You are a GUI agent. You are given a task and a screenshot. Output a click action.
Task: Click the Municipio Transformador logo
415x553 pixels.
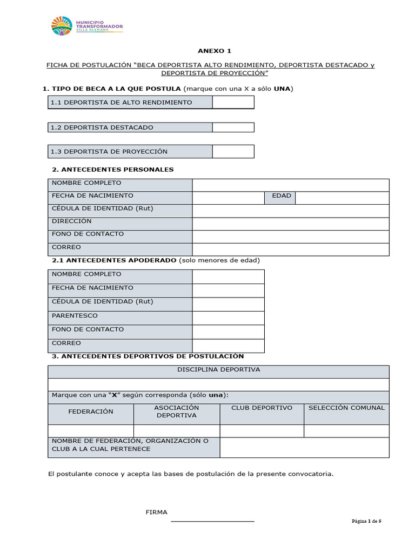(87, 26)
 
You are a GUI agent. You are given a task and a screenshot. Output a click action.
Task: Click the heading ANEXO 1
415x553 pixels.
(214, 51)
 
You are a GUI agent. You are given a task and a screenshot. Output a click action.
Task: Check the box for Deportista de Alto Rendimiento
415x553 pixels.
(233, 102)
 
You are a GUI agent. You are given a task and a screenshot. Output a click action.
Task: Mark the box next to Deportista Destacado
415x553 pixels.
(233, 127)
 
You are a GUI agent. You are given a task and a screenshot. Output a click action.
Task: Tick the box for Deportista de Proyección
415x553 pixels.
(233, 152)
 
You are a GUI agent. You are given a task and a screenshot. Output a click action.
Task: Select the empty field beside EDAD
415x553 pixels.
(342, 198)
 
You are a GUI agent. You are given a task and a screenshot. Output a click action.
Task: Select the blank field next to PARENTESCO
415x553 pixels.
(229, 318)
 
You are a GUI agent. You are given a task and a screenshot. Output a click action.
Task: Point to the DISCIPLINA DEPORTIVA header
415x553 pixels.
(218, 370)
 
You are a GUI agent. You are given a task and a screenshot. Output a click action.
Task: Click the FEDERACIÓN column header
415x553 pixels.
(91, 412)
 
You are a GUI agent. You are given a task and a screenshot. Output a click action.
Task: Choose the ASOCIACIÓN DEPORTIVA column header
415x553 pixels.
(177, 412)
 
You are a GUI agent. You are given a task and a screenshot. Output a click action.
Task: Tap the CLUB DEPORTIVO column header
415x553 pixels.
(262, 408)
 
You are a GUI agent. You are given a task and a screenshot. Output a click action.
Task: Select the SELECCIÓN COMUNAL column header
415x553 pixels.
(346, 408)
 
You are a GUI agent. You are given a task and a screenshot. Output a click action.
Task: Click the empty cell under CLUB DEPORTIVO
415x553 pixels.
(262, 430)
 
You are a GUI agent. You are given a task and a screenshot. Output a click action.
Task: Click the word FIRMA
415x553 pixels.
(157, 512)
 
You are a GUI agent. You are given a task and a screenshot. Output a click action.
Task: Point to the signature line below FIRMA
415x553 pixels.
(212, 522)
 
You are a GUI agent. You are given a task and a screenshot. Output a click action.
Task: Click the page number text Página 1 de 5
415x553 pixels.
(367, 521)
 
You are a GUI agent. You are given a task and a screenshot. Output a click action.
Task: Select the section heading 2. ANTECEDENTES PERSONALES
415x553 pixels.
(113, 170)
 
